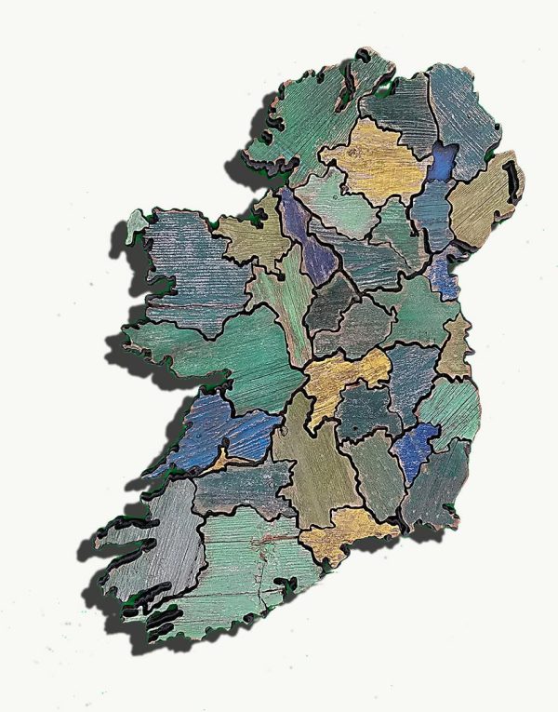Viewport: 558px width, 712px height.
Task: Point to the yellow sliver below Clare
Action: point(220,458)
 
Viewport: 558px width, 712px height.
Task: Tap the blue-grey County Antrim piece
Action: point(460,112)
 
